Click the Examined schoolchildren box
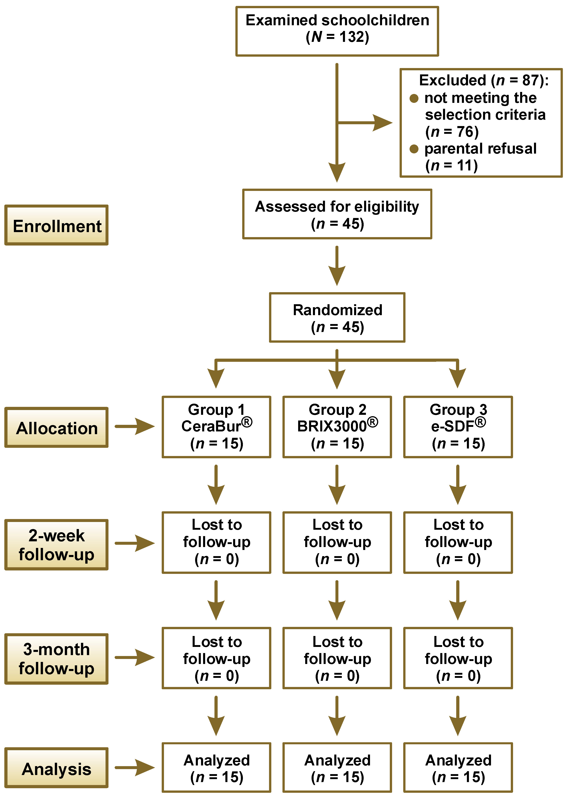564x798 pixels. (x=337, y=31)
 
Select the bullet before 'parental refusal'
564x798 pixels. (x=414, y=149)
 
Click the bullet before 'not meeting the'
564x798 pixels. (x=414, y=98)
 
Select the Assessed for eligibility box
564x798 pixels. (x=337, y=214)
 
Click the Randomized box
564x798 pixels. (x=337, y=317)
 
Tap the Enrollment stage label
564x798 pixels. (x=57, y=225)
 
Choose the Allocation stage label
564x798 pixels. (x=57, y=428)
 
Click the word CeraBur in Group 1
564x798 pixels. (x=211, y=426)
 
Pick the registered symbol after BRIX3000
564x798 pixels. (x=373, y=423)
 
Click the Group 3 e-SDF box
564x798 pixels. (x=458, y=427)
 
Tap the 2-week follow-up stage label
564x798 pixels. (x=57, y=545)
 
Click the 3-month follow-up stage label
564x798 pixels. (x=57, y=659)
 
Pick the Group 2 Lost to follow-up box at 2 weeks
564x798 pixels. (x=337, y=542)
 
